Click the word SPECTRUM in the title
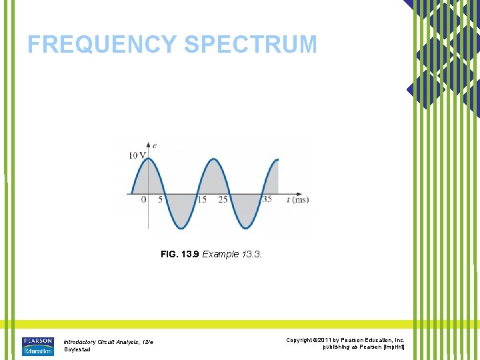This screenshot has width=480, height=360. click(x=251, y=44)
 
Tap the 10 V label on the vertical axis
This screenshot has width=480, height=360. click(x=137, y=155)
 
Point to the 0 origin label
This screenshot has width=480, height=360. click(x=143, y=199)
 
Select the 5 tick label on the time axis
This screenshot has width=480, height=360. click(x=160, y=199)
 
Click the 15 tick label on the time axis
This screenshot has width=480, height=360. click(x=202, y=199)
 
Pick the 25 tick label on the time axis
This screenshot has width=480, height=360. click(x=223, y=199)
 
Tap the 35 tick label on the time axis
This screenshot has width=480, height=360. click(x=266, y=199)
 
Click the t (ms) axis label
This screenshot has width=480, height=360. click(x=297, y=199)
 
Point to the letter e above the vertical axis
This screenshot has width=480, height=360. click(x=155, y=144)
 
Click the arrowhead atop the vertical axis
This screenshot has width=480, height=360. click(x=147, y=144)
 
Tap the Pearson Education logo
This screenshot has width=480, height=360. click(x=37, y=346)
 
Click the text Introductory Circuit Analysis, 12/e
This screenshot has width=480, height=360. click(x=108, y=342)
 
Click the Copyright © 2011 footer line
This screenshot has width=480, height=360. click(x=345, y=340)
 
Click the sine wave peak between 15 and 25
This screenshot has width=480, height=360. click(x=213, y=159)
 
